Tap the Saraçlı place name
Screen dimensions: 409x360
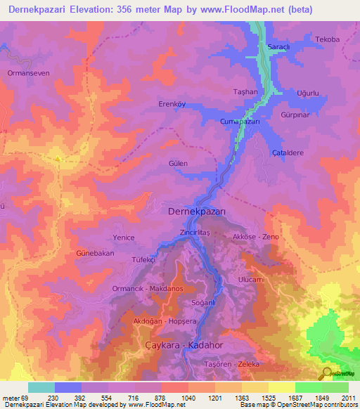tap(271, 46)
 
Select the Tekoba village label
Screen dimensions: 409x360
tap(327, 39)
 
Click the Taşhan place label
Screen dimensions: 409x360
tap(245, 92)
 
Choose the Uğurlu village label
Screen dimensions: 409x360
tap(308, 93)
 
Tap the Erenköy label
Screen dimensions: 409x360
tap(171, 104)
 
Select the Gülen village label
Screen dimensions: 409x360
tap(178, 163)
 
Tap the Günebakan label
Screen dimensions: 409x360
tap(95, 253)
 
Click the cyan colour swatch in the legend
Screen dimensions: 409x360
tap(41, 387)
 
